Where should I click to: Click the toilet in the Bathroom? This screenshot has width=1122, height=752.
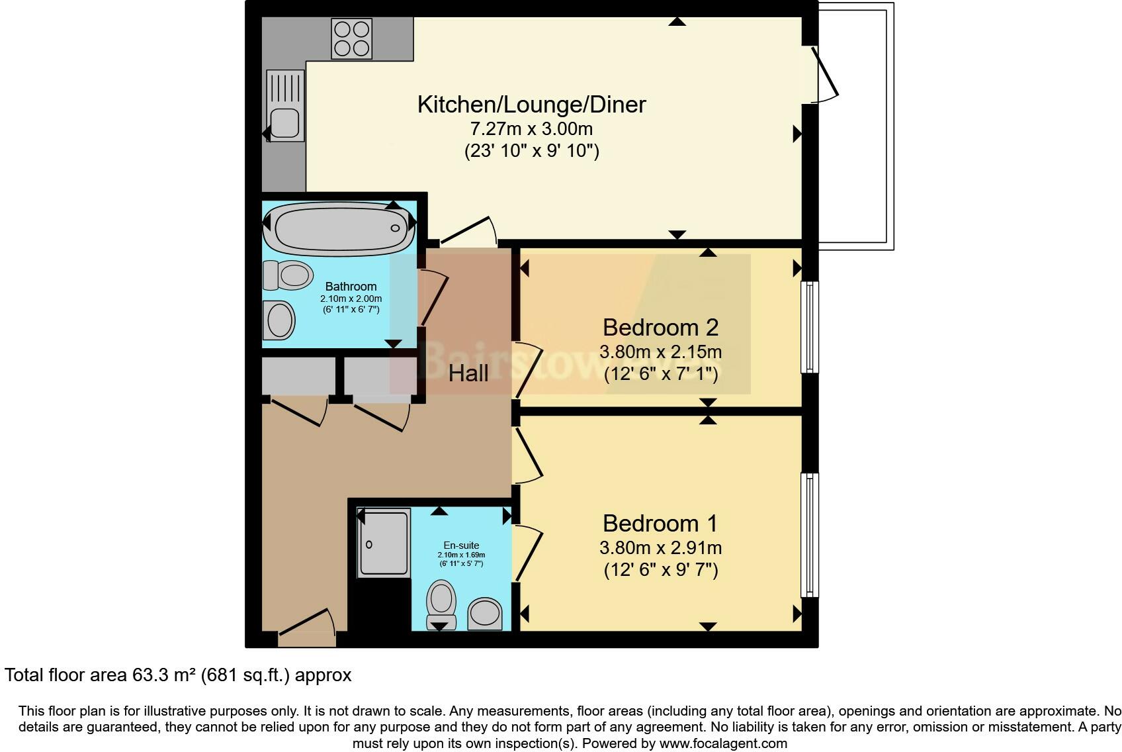(x=288, y=275)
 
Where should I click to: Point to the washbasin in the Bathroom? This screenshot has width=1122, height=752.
(x=279, y=321)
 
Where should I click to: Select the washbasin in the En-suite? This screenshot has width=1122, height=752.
(x=485, y=612)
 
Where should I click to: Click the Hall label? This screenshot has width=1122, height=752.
(x=468, y=373)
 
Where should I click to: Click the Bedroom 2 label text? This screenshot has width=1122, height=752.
(x=660, y=327)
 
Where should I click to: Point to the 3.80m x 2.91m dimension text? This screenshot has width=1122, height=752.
(x=660, y=547)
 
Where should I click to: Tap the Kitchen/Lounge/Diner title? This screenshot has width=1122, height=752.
(x=531, y=105)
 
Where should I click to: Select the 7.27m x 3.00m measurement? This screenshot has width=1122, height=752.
(x=531, y=128)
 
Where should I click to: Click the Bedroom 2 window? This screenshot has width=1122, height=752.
(x=810, y=327)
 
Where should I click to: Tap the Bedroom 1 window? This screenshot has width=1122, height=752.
(x=810, y=535)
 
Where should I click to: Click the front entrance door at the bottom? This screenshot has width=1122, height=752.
(x=307, y=629)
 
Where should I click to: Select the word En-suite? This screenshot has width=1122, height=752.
(x=461, y=545)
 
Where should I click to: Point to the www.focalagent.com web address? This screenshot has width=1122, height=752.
(x=723, y=743)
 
